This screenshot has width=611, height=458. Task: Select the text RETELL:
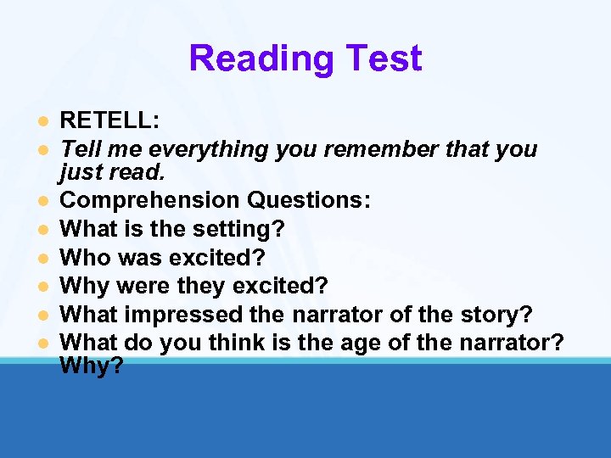click(109, 121)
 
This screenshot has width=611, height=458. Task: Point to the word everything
click(213, 149)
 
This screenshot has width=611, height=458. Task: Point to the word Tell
click(81, 149)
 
